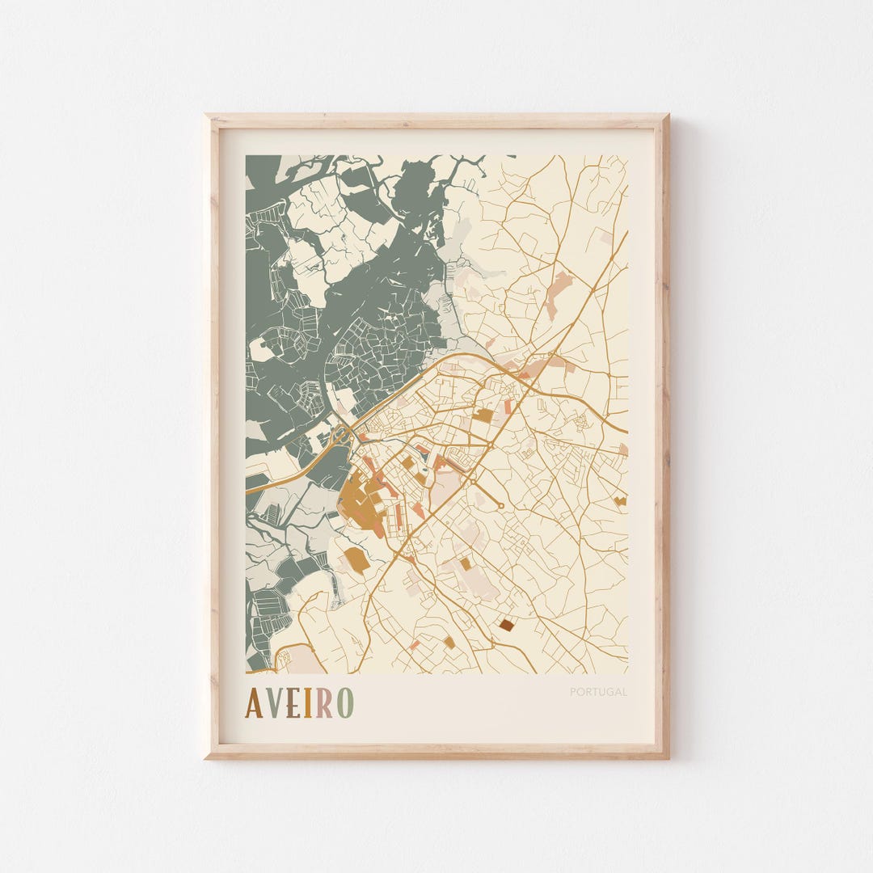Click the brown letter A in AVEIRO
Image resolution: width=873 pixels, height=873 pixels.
(254, 702)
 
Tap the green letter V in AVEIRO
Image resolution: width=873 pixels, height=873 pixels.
(274, 702)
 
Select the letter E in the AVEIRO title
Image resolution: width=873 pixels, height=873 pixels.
(293, 702)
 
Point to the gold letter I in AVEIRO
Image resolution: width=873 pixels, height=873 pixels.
(308, 702)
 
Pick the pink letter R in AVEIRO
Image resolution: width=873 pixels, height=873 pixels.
(324, 702)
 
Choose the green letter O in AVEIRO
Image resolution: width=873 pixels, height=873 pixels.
(345, 702)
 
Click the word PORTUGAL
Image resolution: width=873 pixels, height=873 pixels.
(598, 692)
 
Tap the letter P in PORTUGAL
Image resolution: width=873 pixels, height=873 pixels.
(573, 692)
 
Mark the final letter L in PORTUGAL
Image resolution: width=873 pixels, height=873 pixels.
(624, 692)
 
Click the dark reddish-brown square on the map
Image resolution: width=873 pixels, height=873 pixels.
(506, 624)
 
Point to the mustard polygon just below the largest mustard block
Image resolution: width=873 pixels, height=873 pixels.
(356, 559)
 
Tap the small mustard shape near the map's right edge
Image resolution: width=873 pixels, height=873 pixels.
(620, 501)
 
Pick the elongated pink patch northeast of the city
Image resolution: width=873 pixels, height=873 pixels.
(557, 292)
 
